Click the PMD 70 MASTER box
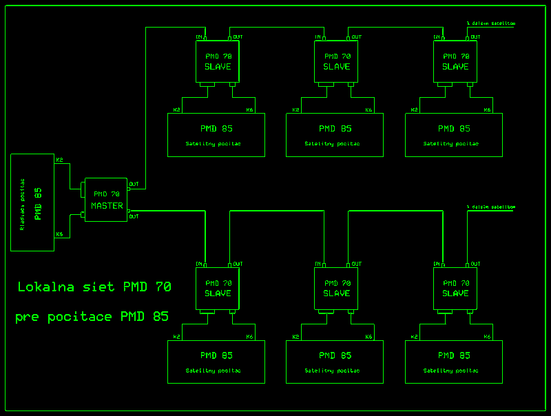pos(106,200)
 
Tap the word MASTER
pos(107,206)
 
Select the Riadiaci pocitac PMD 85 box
pos(32,202)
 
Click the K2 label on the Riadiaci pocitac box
pos(59,160)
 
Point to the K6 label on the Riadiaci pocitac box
pos(59,234)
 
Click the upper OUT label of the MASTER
pos(134,184)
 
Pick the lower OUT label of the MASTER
pos(134,216)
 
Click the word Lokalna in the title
pos(48,287)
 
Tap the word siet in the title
pos(100,287)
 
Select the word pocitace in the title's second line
pos(80,317)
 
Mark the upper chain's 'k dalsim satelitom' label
pos(490,23)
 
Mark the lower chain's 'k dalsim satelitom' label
pos(490,207)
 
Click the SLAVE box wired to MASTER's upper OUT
pos(218,61)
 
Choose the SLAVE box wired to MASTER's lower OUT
pos(218,288)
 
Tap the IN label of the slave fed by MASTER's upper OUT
pos(200,37)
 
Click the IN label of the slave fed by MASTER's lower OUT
pos(200,264)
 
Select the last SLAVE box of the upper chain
pos(455,61)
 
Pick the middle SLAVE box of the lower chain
pos(336,288)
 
